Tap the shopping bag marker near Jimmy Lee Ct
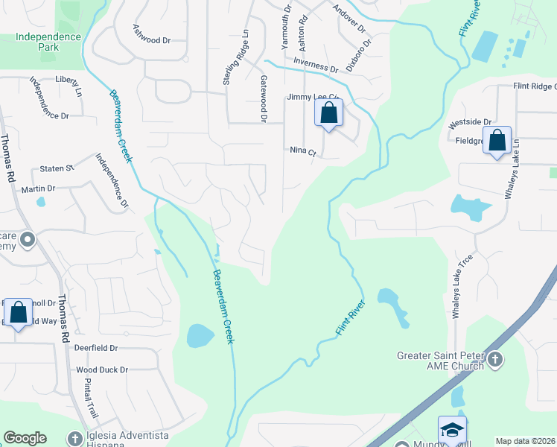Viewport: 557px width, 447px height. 328,115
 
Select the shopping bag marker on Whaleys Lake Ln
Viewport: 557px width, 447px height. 497,140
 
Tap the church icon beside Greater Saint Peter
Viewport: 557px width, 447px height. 495,361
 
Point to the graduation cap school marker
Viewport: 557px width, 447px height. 452,430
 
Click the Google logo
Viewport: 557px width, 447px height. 25,438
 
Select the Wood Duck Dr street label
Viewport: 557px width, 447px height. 102,370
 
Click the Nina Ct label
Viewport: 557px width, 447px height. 304,151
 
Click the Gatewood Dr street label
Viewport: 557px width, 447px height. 264,98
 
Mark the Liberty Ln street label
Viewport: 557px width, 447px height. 68,84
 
